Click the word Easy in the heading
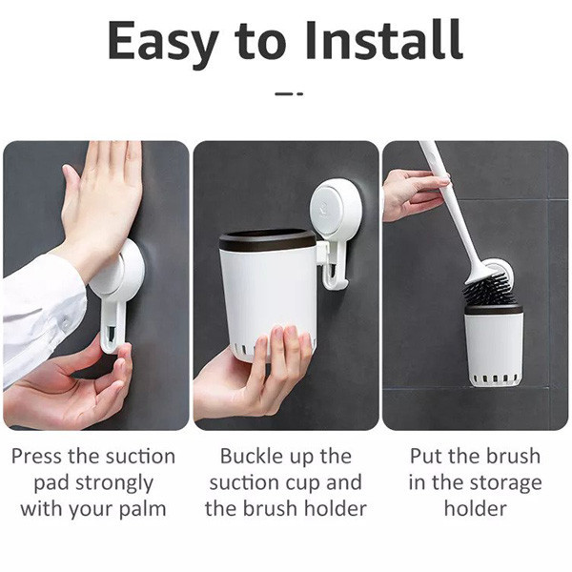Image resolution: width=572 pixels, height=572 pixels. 163,45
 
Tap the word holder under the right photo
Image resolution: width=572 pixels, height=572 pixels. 476,508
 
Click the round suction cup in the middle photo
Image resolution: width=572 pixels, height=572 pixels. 336,207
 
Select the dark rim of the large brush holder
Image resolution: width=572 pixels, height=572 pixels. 267,240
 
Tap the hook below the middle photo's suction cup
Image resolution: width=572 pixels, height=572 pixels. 335,267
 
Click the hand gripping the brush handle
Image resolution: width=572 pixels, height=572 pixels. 413,194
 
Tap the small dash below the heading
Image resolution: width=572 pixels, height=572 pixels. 289,93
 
